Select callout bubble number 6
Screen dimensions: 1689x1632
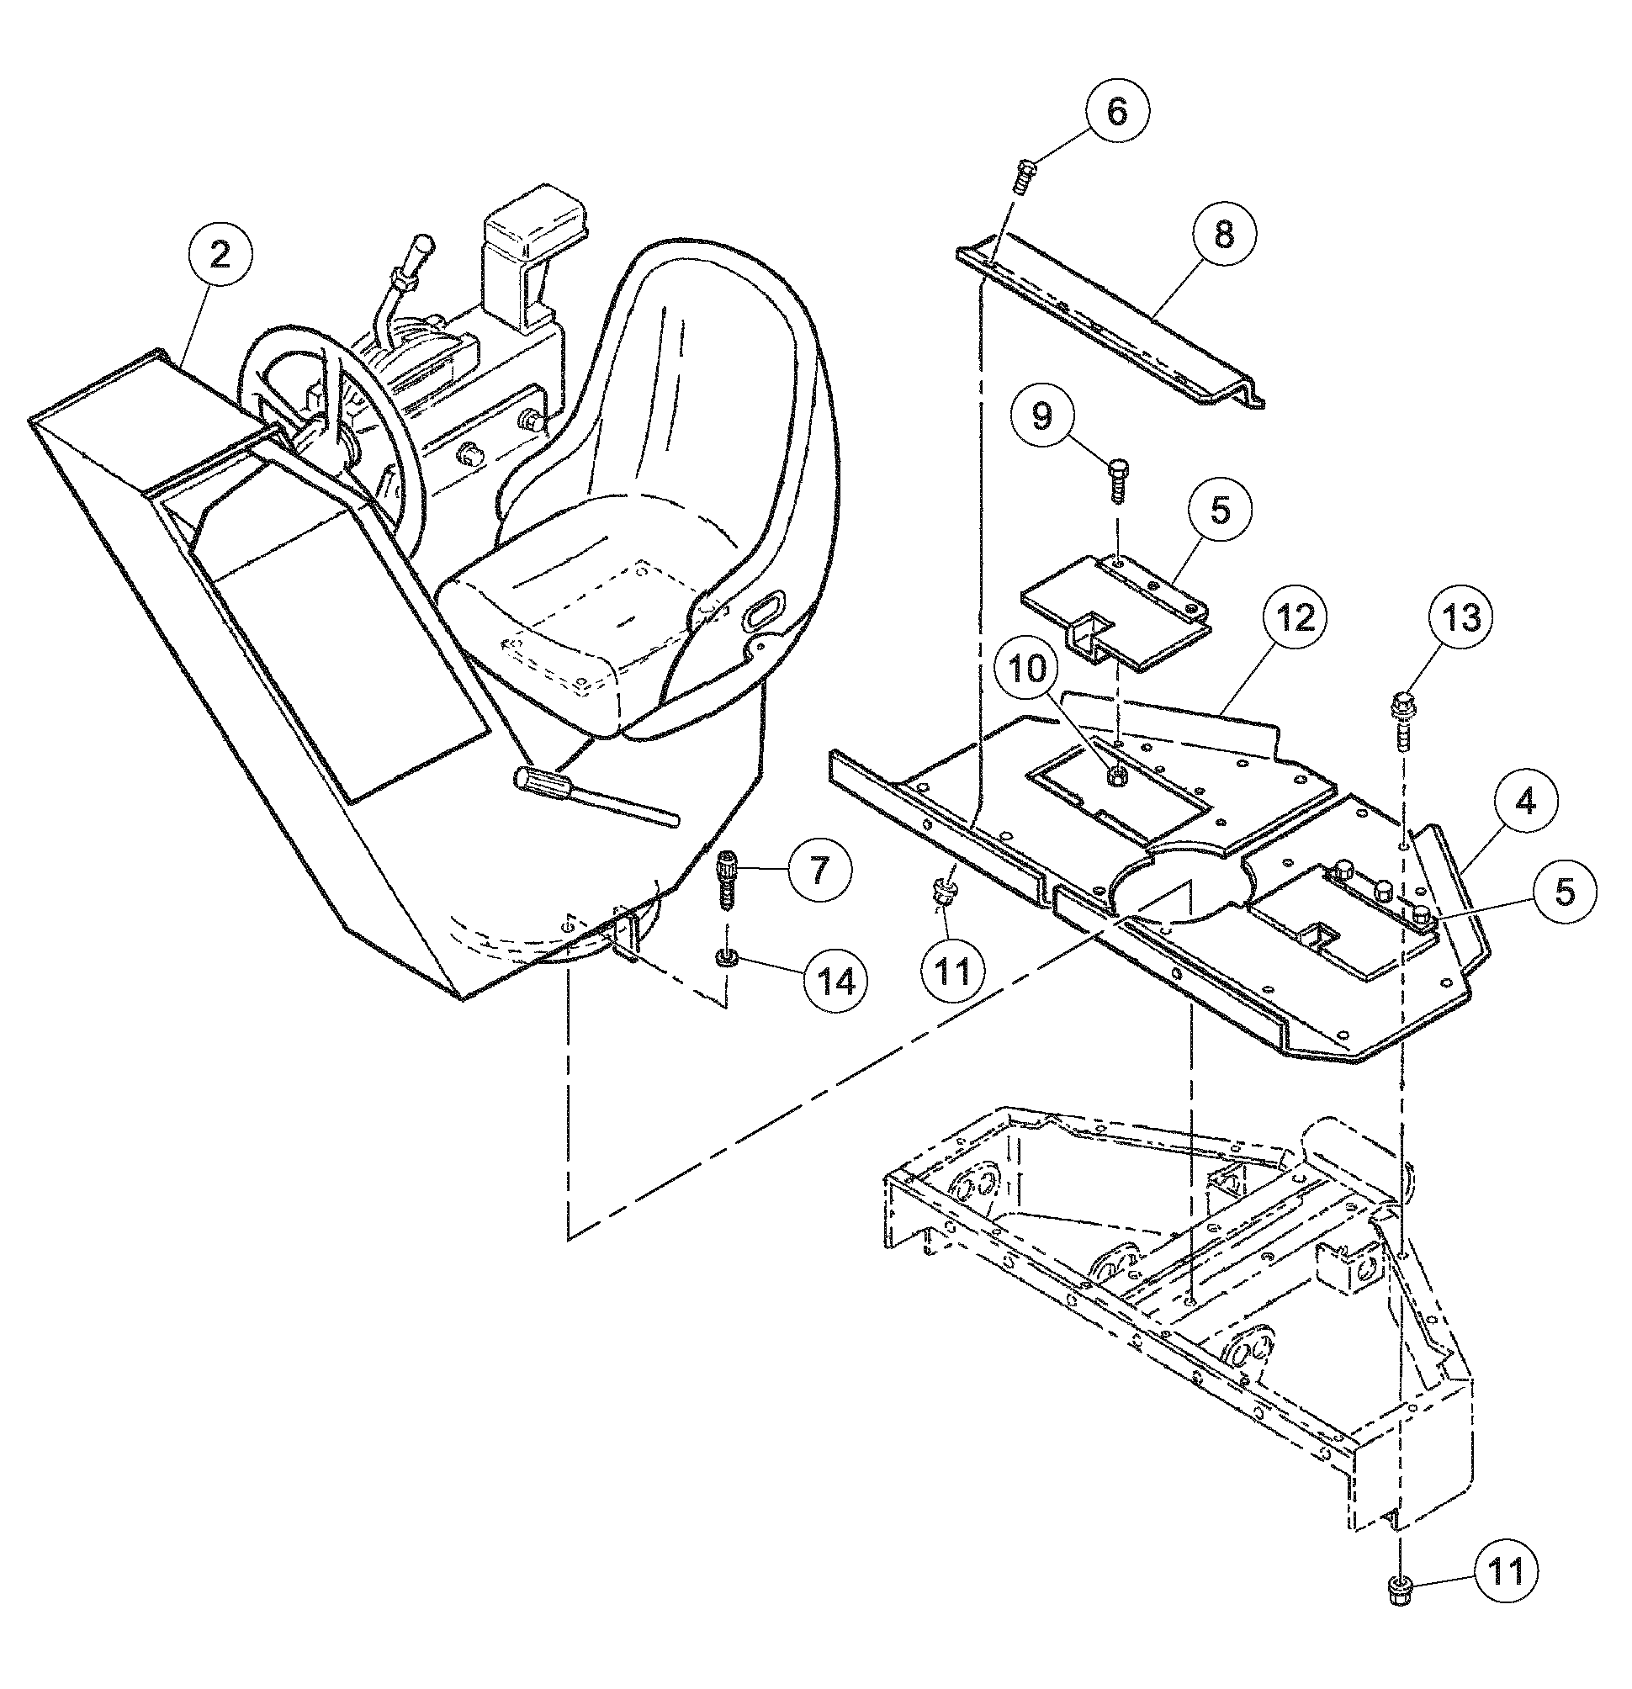coord(1115,113)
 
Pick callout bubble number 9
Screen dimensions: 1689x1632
coord(1042,416)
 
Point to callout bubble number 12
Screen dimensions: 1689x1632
coord(1296,619)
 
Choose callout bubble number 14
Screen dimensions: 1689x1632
coord(836,982)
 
